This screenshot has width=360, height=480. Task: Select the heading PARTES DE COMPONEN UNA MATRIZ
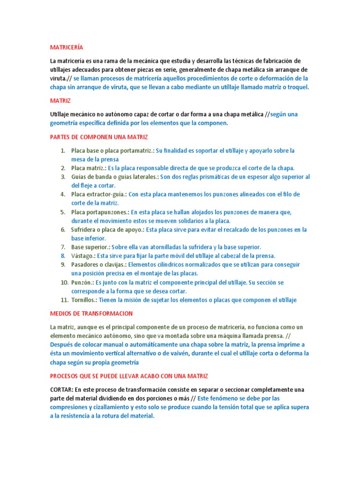coord(98,137)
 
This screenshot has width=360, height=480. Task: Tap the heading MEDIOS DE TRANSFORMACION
coord(91,313)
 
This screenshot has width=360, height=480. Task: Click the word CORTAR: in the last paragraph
coord(61,390)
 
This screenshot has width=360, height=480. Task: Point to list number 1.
coord(63,150)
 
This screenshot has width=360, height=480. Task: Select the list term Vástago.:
coord(83,256)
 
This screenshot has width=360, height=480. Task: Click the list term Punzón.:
coord(82,283)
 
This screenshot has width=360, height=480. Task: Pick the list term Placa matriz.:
coord(89,168)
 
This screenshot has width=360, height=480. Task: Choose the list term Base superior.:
coord(91,247)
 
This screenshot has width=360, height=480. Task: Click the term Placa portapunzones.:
coord(100,212)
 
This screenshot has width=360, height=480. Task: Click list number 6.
coord(63,230)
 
